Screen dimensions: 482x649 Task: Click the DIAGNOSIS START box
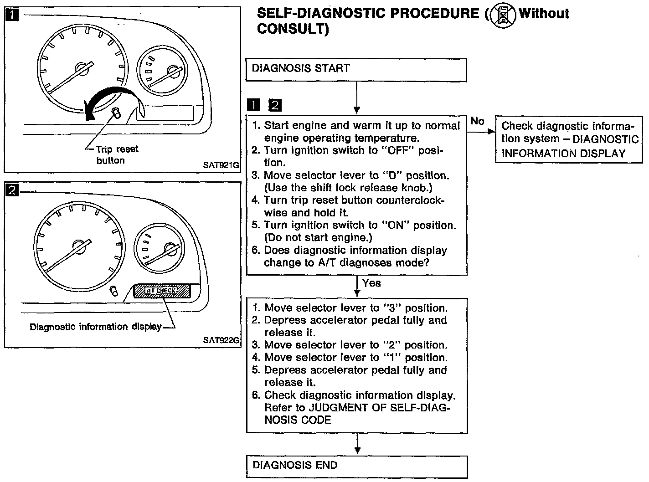click(x=356, y=70)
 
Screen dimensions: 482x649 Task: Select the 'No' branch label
click(x=477, y=121)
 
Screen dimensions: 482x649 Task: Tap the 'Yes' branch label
click(x=371, y=283)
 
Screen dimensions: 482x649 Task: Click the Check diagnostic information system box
click(x=569, y=139)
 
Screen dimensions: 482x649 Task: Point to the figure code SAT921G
click(x=221, y=165)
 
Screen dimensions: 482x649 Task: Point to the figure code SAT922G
click(x=221, y=340)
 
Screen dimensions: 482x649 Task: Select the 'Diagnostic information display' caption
click(x=95, y=327)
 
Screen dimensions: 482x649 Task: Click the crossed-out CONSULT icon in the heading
click(x=502, y=15)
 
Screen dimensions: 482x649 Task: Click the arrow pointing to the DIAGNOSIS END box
click(x=357, y=444)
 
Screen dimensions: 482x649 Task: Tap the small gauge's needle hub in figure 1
click(x=173, y=71)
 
